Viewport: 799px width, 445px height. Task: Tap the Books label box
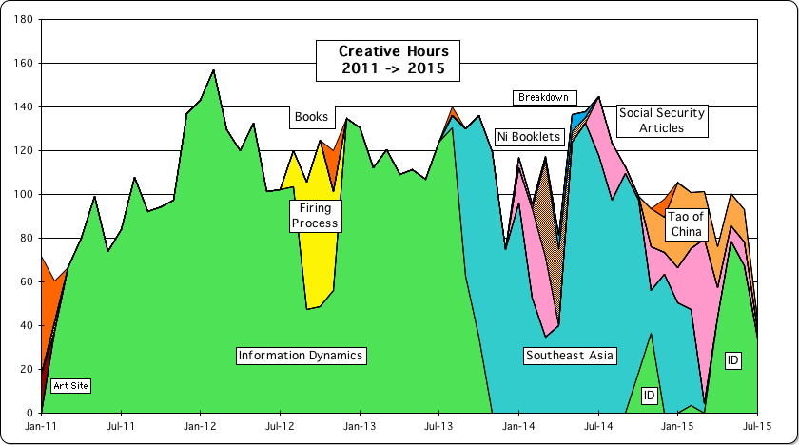point(311,117)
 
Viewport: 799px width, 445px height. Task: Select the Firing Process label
point(313,215)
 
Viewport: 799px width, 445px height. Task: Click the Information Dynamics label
point(301,356)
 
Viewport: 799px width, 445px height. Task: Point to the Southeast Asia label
point(570,356)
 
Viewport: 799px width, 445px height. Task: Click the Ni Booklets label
point(531,137)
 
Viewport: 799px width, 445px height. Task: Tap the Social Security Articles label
point(661,120)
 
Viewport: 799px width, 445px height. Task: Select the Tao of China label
point(685,224)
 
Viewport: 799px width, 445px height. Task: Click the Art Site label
point(70,385)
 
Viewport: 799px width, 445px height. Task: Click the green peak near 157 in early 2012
point(213,71)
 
